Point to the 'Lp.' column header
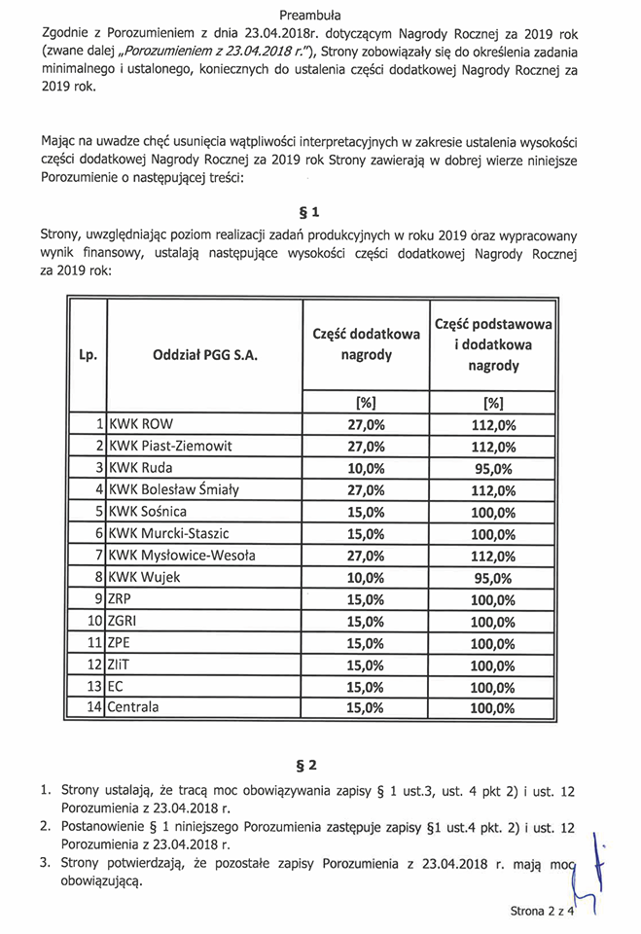pyautogui.click(x=88, y=356)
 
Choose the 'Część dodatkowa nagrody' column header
pyautogui.click(x=367, y=344)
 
